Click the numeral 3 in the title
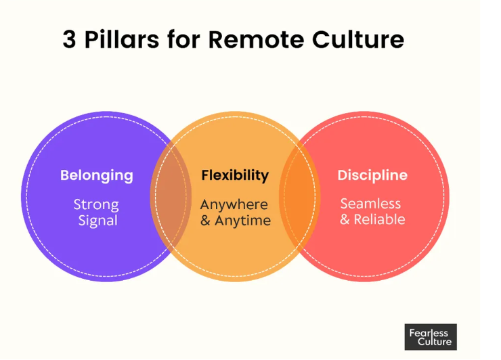(69, 39)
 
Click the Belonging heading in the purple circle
(97, 175)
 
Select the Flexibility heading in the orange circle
(235, 175)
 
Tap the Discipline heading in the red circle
(372, 175)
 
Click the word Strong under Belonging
(96, 204)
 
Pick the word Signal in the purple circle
(97, 221)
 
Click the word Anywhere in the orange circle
(234, 204)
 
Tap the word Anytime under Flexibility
(242, 221)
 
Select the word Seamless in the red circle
(370, 204)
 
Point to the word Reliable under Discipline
(380, 219)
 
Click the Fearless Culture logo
(431, 336)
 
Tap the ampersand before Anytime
(206, 221)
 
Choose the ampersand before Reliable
(345, 219)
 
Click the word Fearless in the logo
(429, 332)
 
